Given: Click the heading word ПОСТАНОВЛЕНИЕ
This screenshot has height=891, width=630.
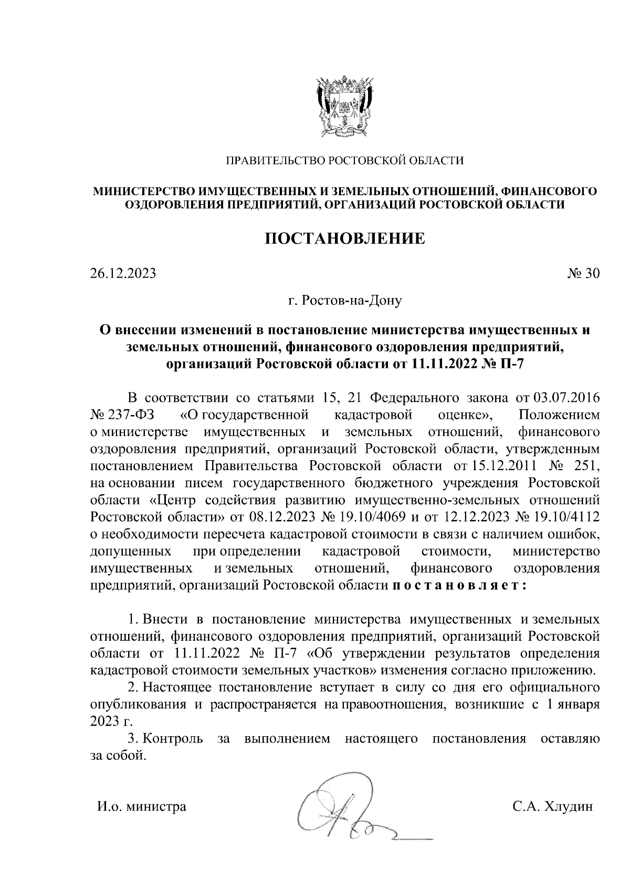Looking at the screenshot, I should [344, 239].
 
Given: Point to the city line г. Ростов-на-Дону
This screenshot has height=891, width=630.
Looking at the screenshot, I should [344, 301].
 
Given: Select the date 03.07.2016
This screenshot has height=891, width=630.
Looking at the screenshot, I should [566, 398].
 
